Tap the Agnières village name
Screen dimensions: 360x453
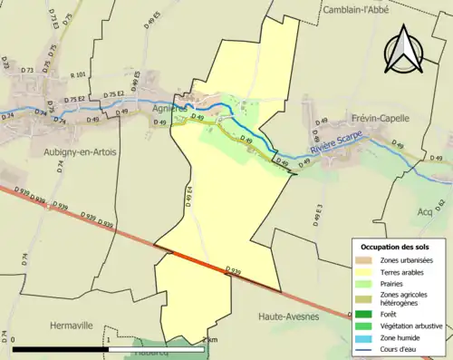171,106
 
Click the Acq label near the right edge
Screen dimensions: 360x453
425,211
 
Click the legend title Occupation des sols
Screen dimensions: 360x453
396,247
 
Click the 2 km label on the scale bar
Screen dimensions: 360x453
209,340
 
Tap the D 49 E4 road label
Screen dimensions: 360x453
189,197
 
